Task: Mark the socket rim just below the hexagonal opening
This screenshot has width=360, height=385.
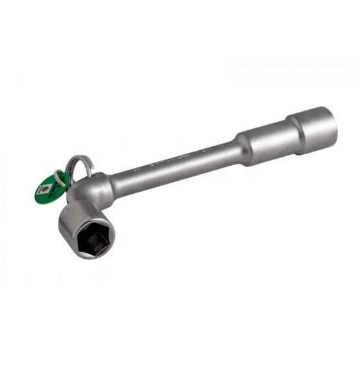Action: pos(91,254)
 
